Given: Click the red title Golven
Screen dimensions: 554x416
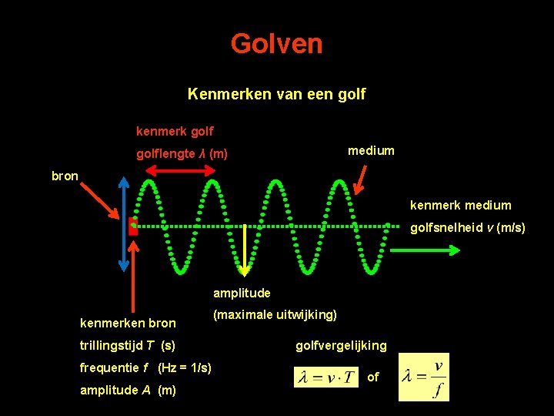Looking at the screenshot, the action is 276,44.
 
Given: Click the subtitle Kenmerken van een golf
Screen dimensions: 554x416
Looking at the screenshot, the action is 276,95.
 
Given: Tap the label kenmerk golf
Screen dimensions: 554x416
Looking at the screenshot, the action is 175,132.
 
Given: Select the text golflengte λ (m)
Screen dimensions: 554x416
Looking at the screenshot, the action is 182,154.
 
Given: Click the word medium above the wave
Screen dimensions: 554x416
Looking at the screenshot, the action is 371,151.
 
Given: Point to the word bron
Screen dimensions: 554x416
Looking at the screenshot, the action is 65,176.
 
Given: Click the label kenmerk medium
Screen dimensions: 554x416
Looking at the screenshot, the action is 460,205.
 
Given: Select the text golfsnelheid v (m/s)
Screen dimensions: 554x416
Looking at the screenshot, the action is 468,227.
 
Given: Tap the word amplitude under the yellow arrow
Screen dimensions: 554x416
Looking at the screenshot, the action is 242,294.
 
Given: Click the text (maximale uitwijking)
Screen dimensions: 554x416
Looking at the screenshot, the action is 275,314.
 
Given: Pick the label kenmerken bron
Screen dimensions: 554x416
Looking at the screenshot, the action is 128,323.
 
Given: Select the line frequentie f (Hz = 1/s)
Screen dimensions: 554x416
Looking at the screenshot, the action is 145,367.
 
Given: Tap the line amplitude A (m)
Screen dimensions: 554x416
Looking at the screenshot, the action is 128,390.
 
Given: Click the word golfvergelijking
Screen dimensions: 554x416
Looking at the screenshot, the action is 341,345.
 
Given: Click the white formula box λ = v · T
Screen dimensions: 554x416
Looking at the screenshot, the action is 326,377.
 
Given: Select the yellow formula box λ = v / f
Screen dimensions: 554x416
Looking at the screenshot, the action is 423,377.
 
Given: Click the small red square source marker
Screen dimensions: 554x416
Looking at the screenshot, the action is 133,227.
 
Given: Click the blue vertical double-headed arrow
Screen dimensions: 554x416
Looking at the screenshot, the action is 124,224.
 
